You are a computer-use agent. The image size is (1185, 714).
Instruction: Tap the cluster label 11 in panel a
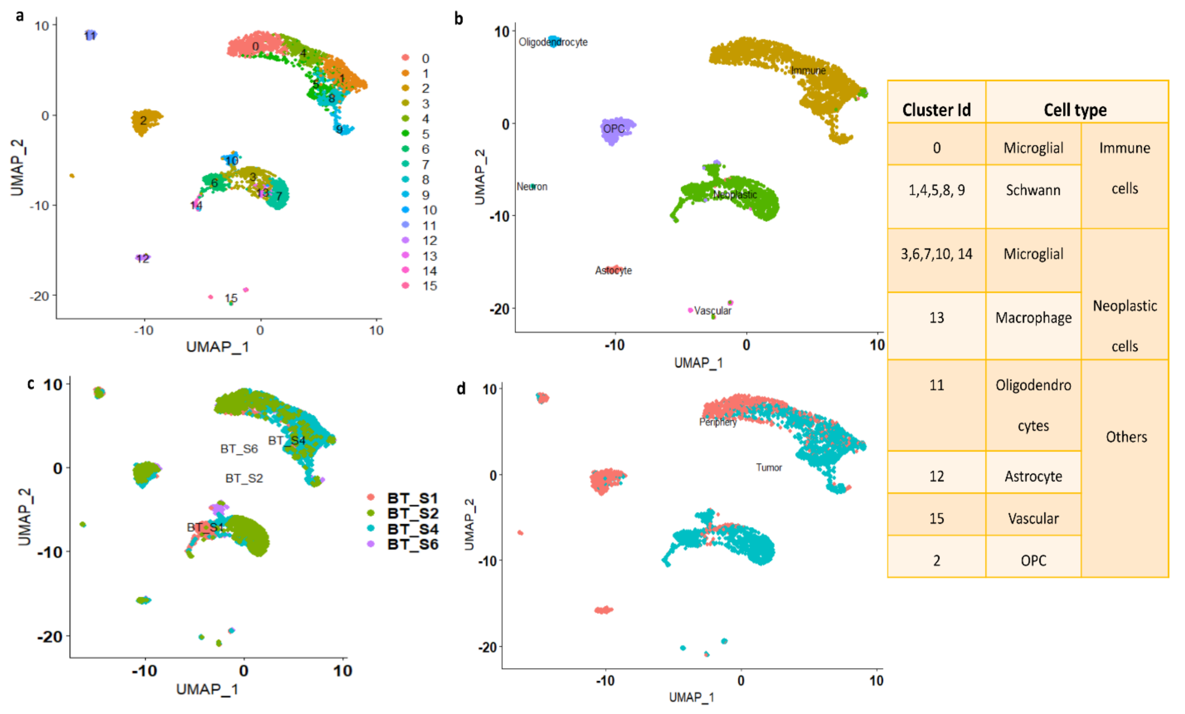[90, 36]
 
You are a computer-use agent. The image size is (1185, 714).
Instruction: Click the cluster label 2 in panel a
[143, 120]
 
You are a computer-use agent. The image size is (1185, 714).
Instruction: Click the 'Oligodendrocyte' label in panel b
[553, 42]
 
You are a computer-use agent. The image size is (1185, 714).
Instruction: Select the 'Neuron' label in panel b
[532, 186]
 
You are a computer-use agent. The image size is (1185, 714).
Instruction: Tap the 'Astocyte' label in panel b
[613, 271]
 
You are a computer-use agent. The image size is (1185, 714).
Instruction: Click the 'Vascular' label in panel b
[712, 311]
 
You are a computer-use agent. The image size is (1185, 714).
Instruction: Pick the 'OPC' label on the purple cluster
[614, 129]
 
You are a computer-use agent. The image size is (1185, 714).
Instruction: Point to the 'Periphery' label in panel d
[717, 422]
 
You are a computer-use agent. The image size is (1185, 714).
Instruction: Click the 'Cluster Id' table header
[936, 110]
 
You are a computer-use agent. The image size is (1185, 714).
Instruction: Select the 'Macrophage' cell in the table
[1033, 318]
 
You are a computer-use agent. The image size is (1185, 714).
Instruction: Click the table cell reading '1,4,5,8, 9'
[936, 190]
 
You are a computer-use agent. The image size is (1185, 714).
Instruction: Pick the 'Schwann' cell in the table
[1033, 190]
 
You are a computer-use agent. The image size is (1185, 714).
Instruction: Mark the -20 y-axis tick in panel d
[487, 648]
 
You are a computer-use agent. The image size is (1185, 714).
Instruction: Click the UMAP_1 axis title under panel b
[698, 363]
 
